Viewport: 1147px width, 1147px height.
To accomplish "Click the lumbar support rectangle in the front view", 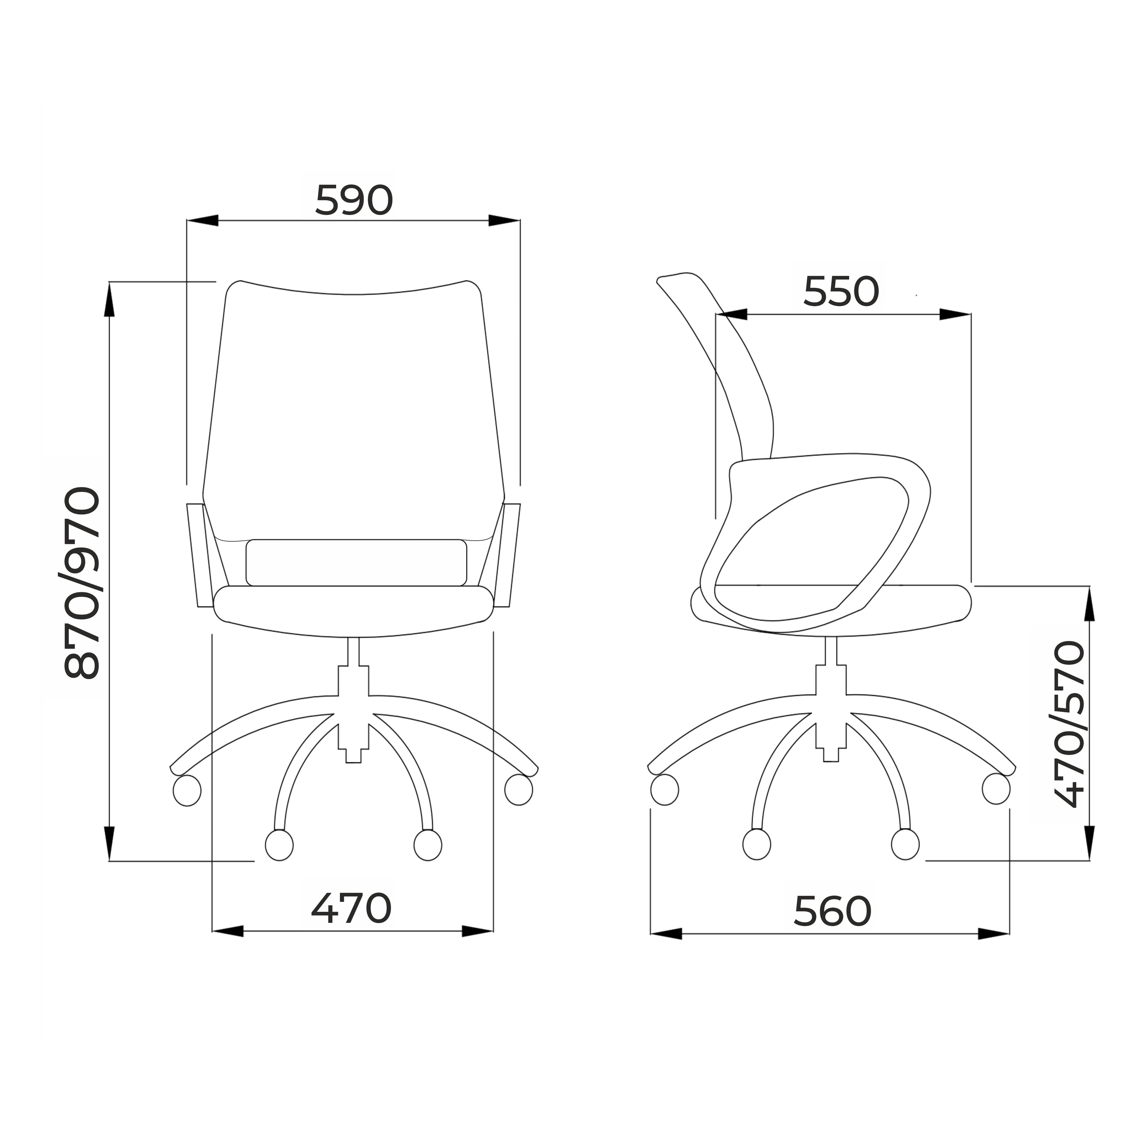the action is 356,562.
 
